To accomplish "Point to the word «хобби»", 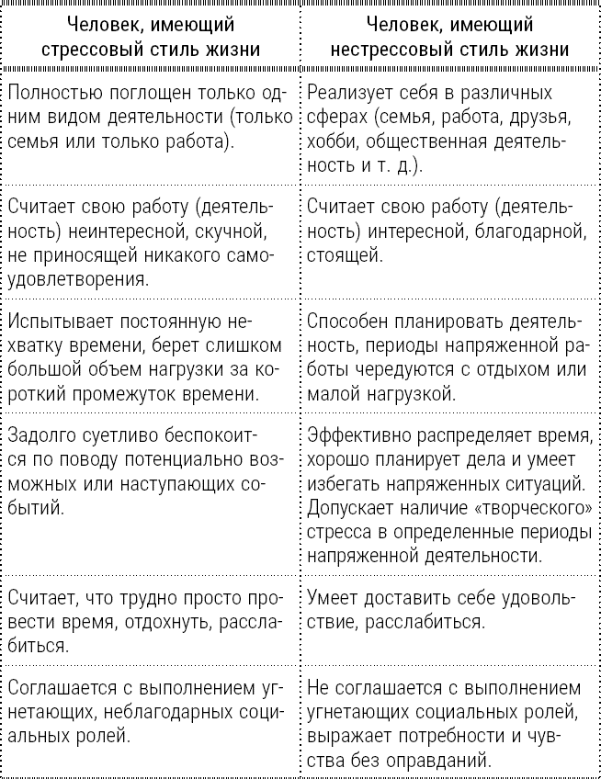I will point(333,142).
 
